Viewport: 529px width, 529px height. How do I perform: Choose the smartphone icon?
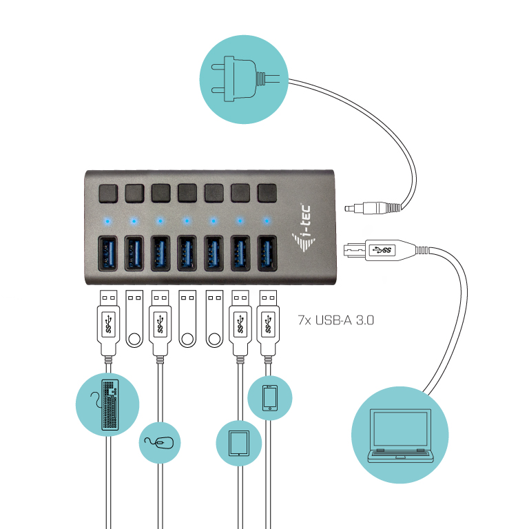click(269, 397)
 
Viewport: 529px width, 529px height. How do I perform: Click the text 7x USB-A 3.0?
click(335, 320)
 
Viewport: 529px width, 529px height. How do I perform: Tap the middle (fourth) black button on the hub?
click(186, 192)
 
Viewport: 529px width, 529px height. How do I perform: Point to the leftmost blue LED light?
click(107, 221)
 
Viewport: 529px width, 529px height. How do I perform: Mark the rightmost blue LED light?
click(266, 221)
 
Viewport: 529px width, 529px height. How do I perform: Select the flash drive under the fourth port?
click(187, 319)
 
